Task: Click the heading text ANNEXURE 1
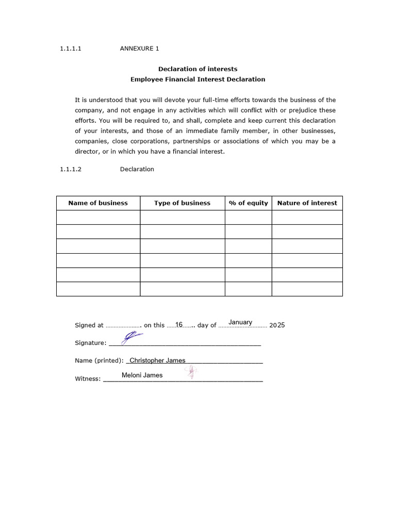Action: point(139,48)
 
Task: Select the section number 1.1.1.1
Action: point(71,48)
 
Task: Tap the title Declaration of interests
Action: point(197,69)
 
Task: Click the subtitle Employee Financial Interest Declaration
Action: point(197,79)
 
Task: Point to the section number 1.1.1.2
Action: point(71,169)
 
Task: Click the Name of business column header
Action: point(98,203)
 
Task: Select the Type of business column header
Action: point(182,203)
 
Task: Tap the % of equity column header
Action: point(248,203)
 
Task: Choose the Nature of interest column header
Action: point(307,203)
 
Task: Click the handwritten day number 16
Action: point(179,324)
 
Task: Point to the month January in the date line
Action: point(240,322)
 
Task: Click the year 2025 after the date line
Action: point(277,325)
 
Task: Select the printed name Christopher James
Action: point(157,360)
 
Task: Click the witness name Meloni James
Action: point(142,375)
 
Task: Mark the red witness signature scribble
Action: point(192,372)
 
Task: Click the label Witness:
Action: point(88,379)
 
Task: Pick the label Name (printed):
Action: point(99,361)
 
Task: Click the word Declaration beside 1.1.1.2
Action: point(137,169)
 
